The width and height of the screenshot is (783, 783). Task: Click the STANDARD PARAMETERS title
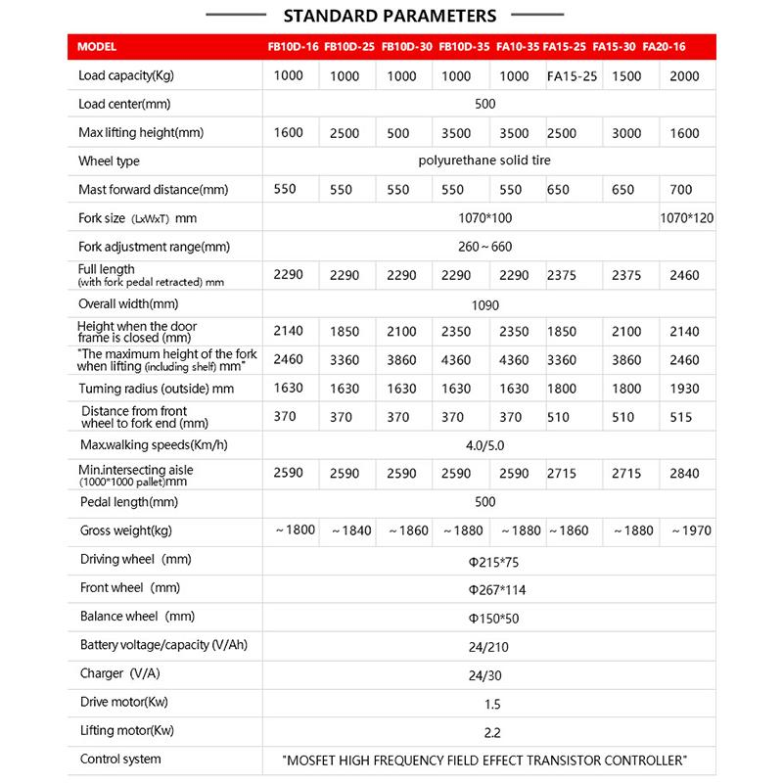coord(389,16)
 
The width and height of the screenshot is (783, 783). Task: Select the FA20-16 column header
coord(684,47)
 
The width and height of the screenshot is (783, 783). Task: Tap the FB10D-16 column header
coord(293,47)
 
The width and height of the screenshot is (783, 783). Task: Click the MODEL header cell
coord(96,47)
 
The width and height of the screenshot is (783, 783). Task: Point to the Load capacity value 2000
coord(686,76)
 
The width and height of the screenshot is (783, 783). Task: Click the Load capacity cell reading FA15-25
coord(571,76)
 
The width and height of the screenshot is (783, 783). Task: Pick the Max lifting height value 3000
coord(627,133)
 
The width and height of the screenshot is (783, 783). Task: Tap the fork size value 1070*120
coord(687,218)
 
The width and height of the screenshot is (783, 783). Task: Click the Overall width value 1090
coord(484,304)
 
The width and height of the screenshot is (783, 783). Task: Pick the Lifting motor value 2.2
coord(484,730)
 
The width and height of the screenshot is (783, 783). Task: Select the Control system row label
coord(120,759)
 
